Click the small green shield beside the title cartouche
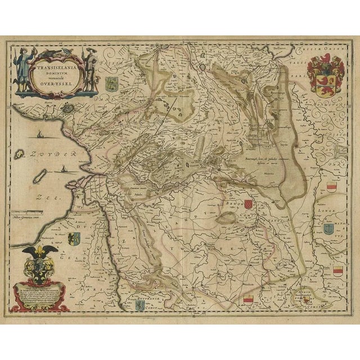tap(110, 84)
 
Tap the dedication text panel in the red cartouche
tap(39, 292)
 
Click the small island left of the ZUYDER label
tap(19, 153)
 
